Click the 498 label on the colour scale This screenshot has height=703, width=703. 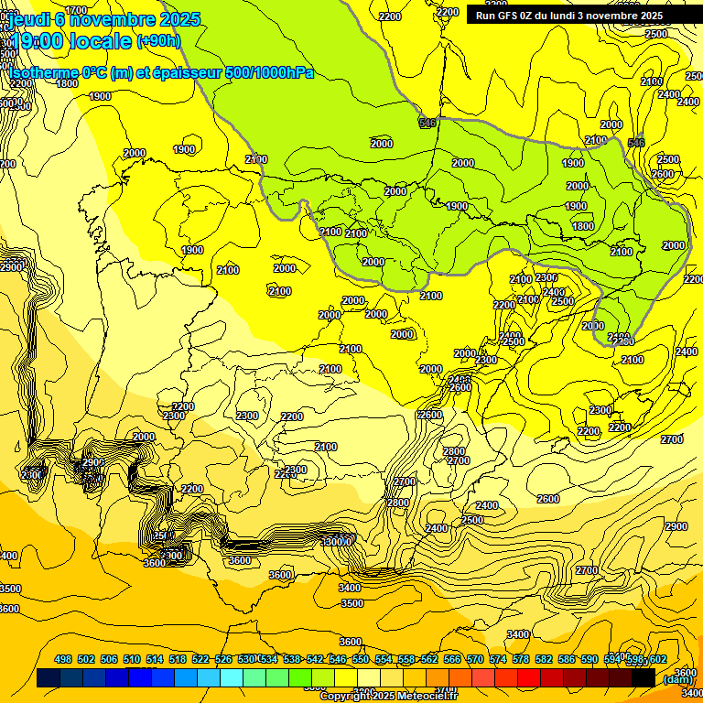pyautogui.click(x=63, y=659)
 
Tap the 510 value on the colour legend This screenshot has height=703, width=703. pyautogui.click(x=132, y=659)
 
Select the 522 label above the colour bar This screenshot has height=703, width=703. pyautogui.click(x=200, y=659)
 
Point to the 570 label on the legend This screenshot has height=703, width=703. pyautogui.click(x=475, y=659)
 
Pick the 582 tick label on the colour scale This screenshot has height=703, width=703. pyautogui.click(x=544, y=659)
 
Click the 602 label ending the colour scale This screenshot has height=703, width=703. pyautogui.click(x=657, y=659)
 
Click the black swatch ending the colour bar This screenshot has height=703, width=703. pyautogui.click(x=644, y=678)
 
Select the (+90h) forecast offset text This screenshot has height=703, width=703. pyautogui.click(x=158, y=41)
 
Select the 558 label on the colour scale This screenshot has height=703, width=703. pyautogui.click(x=406, y=659)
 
